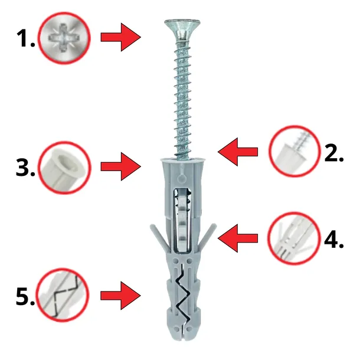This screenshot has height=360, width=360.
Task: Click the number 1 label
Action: point(26,38)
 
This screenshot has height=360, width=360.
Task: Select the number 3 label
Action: point(25,168)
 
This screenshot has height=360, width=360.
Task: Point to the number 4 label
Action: point(334,240)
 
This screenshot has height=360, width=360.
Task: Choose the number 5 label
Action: point(25,296)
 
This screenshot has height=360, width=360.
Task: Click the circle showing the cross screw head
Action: point(64,38)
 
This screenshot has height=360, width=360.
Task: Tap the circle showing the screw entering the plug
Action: point(294,151)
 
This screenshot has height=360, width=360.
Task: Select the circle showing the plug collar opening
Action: point(64,168)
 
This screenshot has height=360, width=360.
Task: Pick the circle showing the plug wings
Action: point(294,238)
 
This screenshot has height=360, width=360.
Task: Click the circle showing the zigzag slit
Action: point(63,295)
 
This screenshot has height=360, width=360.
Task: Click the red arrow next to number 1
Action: point(121,37)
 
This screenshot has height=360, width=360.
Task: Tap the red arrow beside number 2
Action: point(238,152)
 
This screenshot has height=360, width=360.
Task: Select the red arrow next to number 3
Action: point(121,166)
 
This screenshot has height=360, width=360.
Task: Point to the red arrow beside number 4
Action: point(238,238)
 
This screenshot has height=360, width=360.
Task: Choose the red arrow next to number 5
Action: point(121,296)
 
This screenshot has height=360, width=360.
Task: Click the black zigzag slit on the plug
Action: point(183,293)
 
